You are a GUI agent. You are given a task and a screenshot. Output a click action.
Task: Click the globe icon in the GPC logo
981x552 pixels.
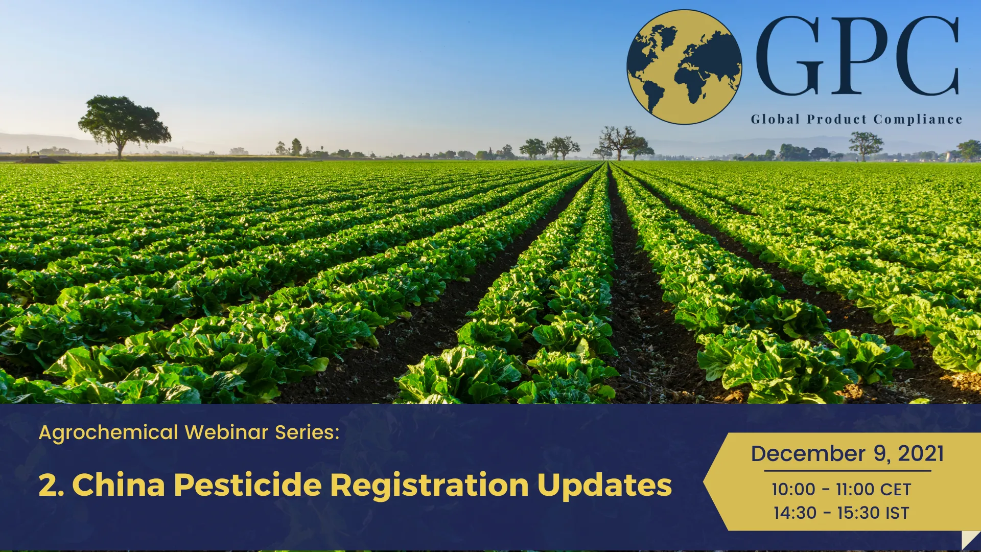(684, 67)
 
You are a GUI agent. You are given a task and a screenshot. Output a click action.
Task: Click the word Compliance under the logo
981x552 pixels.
(918, 120)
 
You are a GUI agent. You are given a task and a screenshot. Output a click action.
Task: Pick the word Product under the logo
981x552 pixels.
(837, 120)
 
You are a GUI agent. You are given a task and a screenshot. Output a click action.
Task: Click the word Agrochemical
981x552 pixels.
(108, 433)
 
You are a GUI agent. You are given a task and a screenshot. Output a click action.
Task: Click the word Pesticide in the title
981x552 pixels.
(248, 485)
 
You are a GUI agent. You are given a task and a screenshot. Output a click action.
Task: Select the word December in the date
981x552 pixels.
(808, 454)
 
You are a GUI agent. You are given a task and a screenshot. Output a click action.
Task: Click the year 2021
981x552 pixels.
(921, 454)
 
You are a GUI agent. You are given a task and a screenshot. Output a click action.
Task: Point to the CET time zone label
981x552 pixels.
(896, 490)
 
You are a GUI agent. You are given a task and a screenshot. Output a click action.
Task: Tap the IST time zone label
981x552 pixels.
(897, 513)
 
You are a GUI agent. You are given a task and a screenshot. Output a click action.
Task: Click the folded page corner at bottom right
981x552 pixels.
(971, 540)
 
